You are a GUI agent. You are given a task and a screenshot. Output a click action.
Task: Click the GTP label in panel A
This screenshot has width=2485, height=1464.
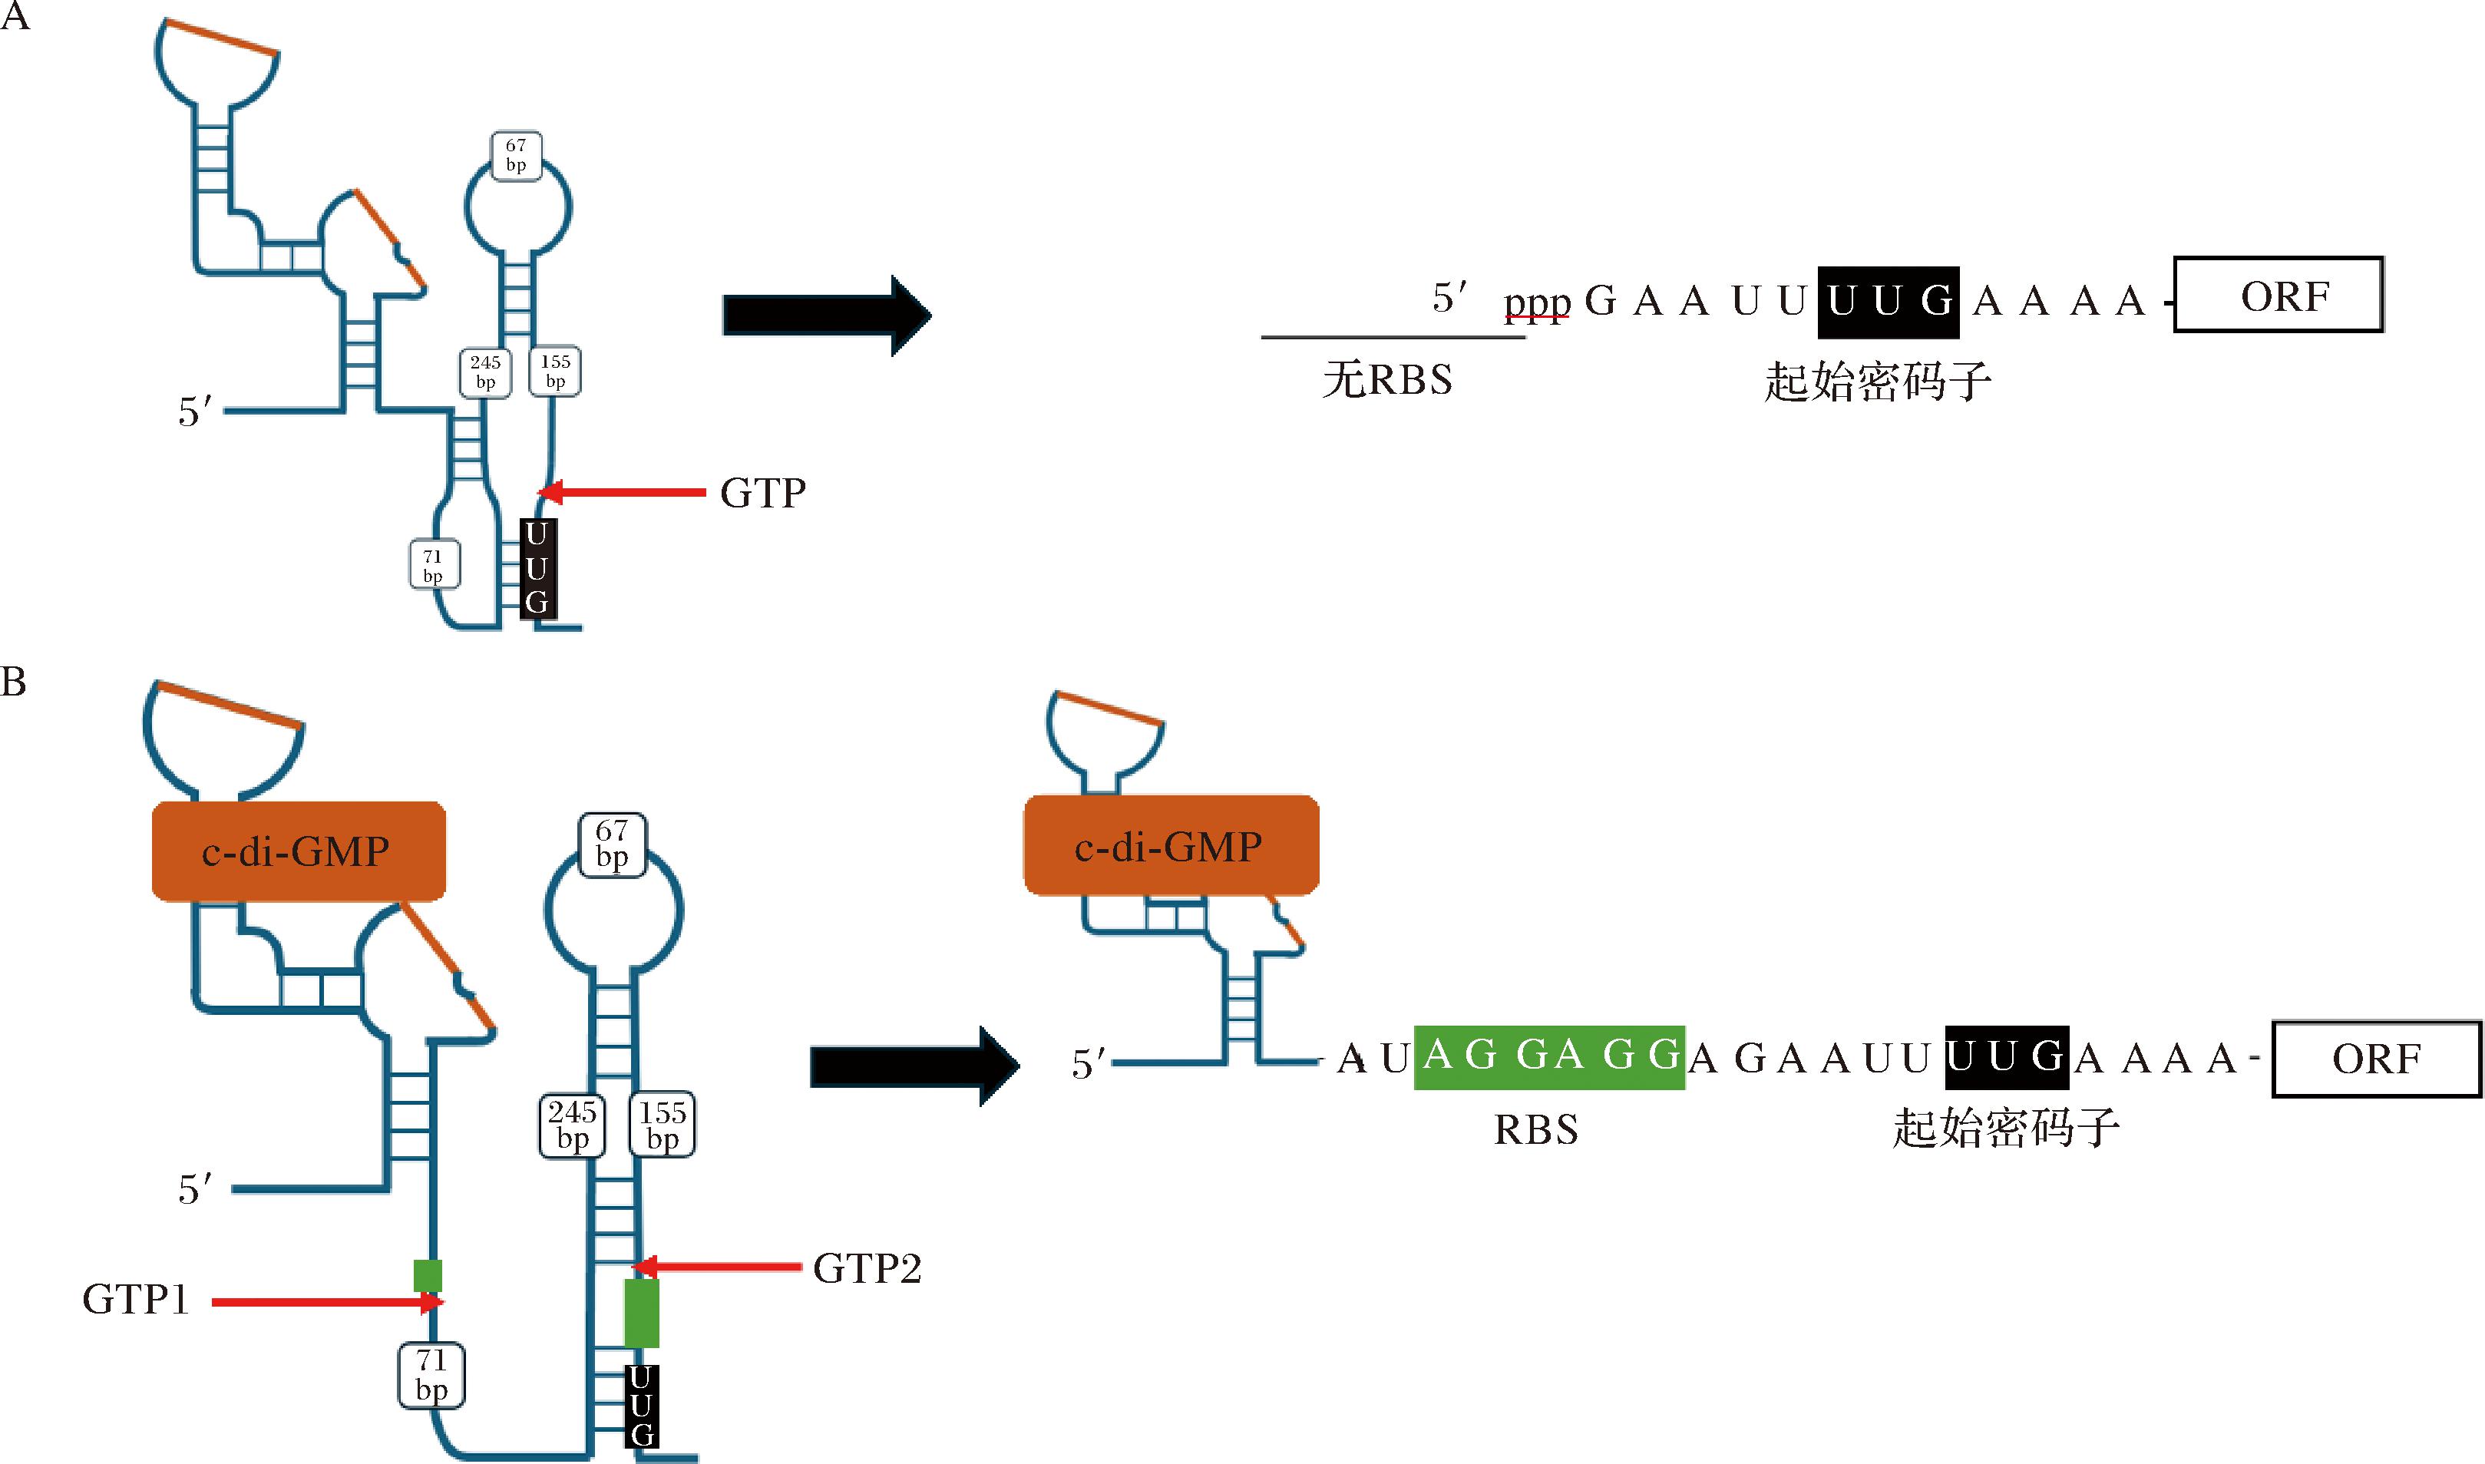click(x=762, y=492)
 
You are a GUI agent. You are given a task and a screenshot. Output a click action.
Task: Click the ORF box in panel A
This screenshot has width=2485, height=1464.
click(x=2278, y=295)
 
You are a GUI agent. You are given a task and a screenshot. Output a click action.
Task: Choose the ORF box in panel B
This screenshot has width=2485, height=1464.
click(x=2375, y=1059)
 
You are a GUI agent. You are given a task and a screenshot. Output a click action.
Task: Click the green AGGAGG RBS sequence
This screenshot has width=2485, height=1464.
click(x=1549, y=1056)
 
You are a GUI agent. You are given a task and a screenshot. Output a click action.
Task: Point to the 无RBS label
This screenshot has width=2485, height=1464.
click(x=1387, y=380)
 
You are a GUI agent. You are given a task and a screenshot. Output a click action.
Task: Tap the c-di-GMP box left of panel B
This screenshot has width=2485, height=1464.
click(x=298, y=851)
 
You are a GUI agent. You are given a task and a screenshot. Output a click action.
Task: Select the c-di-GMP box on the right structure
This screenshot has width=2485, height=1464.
click(x=1171, y=845)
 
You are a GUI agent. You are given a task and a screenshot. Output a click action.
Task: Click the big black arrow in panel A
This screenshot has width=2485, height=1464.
click(x=826, y=315)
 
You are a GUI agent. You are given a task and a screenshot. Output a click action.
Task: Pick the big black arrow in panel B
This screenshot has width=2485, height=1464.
click(x=914, y=1066)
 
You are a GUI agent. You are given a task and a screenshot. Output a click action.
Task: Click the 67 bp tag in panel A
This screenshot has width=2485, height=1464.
click(x=516, y=156)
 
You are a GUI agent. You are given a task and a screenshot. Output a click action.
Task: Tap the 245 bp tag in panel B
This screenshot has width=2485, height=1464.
click(x=572, y=1125)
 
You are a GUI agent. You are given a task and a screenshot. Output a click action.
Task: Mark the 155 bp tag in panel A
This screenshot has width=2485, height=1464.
click(x=555, y=371)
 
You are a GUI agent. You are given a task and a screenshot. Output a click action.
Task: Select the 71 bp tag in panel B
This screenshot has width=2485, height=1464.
click(x=431, y=1374)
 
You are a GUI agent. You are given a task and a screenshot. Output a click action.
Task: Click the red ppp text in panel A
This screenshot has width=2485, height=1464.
click(x=1536, y=303)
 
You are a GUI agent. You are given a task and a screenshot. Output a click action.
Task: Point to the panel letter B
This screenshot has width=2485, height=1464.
click(x=14, y=682)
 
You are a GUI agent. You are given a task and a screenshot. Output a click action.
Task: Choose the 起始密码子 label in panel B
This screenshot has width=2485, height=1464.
click(x=2005, y=1129)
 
